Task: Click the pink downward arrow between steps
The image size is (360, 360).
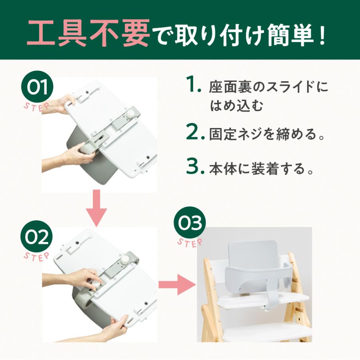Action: coord(96,208)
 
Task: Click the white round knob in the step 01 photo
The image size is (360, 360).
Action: coord(131,114)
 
